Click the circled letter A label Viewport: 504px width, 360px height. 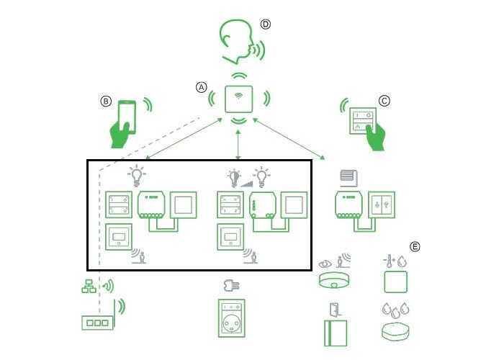[x=201, y=86]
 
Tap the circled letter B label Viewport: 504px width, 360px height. [x=106, y=102]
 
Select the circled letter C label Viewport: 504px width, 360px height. [x=384, y=102]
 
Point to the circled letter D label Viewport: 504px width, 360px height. [x=265, y=24]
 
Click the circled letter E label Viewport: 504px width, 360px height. [x=415, y=246]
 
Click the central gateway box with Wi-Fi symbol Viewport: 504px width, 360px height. [x=238, y=99]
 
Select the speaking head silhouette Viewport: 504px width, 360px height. [x=236, y=42]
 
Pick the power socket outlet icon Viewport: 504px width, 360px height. [x=231, y=318]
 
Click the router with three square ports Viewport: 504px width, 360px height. [x=96, y=323]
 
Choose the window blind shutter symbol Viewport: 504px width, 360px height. [x=349, y=177]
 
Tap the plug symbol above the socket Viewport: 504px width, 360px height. [x=231, y=284]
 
